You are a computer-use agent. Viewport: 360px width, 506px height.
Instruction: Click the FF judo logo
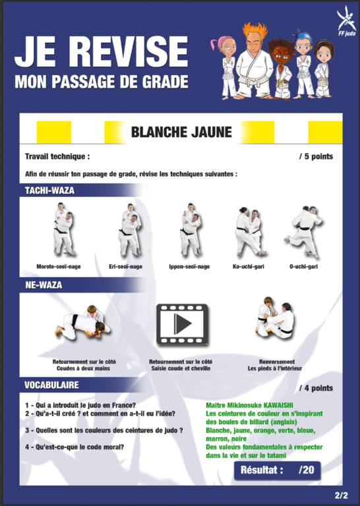click(346, 21)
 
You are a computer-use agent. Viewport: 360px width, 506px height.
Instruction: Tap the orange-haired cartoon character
click(253, 61)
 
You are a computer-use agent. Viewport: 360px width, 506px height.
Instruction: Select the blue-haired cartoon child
click(303, 64)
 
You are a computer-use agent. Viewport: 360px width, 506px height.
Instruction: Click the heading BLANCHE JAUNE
click(181, 132)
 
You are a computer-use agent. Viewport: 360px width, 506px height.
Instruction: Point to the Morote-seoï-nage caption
click(59, 267)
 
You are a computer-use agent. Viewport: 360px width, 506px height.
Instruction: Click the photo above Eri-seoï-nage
click(130, 230)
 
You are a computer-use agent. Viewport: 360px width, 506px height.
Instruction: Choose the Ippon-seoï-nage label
click(189, 267)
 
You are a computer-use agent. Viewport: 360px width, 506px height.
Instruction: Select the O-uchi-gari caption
click(303, 267)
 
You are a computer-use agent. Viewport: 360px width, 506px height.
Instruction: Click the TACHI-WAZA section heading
click(49, 190)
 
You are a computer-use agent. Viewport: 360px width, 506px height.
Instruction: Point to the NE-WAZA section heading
click(44, 285)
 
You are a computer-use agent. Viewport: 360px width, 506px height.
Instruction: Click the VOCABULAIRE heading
click(51, 385)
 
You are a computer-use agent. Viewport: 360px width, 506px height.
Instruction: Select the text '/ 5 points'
click(316, 157)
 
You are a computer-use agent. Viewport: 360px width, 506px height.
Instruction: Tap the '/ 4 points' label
click(316, 388)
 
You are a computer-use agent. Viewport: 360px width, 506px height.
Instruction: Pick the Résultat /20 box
click(278, 470)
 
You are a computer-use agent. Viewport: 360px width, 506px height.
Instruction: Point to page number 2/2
click(342, 495)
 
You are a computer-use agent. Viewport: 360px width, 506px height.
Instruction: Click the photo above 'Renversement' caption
click(276, 318)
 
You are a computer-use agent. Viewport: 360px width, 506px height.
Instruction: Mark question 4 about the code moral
click(75, 447)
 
